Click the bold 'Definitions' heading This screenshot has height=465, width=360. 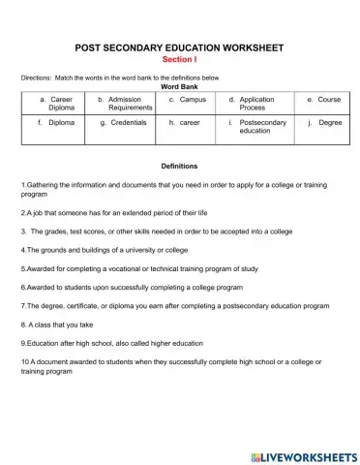click(x=179, y=166)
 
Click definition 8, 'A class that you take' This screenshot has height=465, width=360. click(x=59, y=325)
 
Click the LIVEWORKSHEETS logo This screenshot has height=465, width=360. click(x=302, y=455)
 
